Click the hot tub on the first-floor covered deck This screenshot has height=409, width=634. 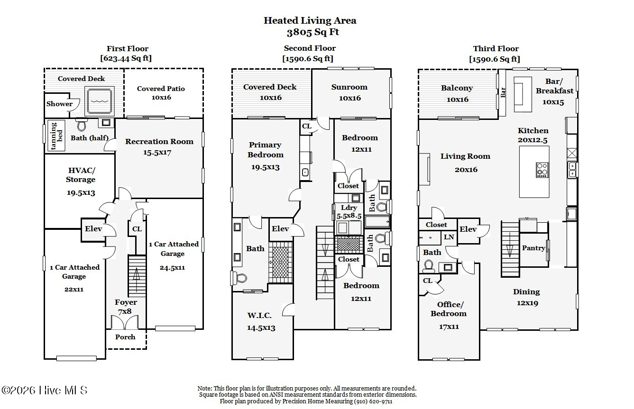click(100, 100)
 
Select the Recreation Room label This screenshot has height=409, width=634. click(159, 141)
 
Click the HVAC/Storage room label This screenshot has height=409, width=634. click(81, 175)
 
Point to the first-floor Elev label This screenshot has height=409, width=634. click(93, 228)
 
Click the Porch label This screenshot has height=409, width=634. click(125, 337)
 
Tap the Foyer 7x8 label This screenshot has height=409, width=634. click(126, 307)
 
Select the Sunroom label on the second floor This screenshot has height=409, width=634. click(349, 87)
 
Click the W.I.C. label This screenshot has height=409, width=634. click(259, 315)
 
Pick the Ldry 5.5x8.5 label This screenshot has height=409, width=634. click(349, 212)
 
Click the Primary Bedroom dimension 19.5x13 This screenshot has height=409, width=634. click(265, 167)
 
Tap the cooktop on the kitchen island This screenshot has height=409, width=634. click(542, 170)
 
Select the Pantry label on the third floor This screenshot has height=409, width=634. click(533, 248)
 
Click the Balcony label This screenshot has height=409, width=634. click(457, 88)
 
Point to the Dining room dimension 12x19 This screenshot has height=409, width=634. click(527, 303)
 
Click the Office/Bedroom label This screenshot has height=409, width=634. click(449, 309)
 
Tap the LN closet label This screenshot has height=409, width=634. click(449, 237)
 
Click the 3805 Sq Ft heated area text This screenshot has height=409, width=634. click(313, 32)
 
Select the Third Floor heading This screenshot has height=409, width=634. click(496, 49)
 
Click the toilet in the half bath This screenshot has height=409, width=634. click(82, 125)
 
